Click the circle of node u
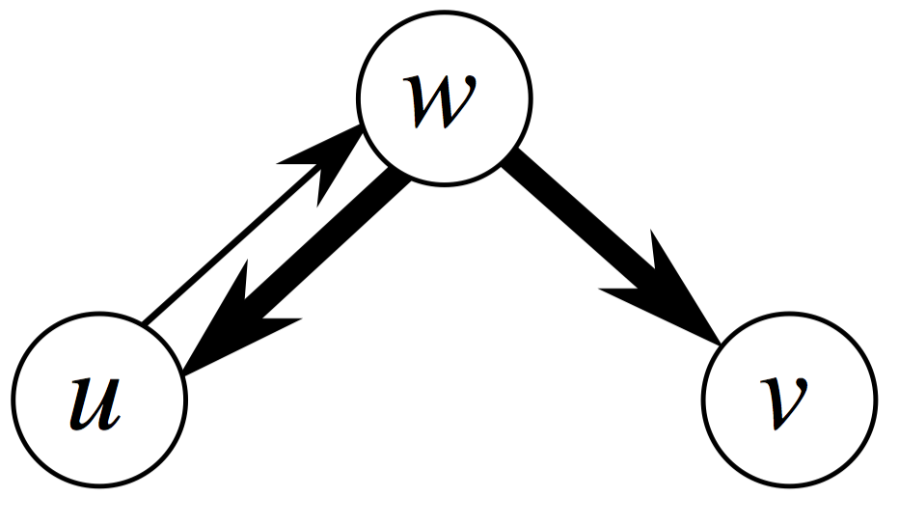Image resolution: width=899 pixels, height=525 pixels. (98, 398)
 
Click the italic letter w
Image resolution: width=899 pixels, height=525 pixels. (444, 98)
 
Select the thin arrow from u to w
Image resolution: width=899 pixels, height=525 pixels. (246, 237)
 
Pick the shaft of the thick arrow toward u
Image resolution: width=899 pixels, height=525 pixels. (328, 246)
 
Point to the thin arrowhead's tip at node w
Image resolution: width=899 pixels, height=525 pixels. (363, 127)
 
